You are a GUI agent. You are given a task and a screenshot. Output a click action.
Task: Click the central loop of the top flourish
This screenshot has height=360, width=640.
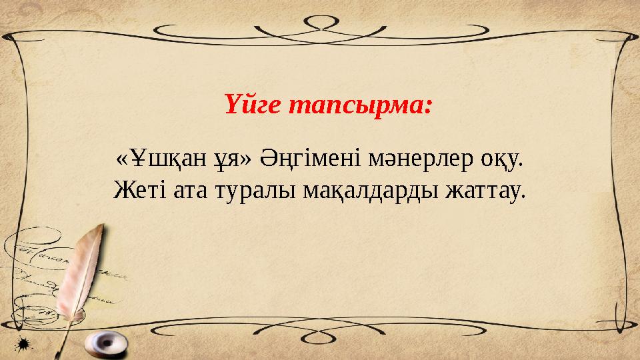[320, 22]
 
